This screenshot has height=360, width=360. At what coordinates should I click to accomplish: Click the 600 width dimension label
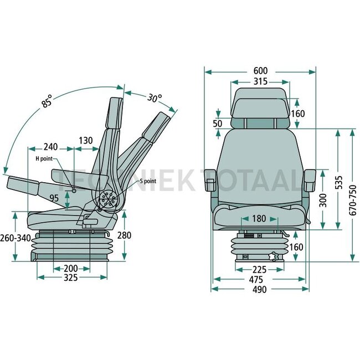[x=260, y=71]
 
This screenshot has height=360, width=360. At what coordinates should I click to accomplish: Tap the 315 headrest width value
[x=260, y=81]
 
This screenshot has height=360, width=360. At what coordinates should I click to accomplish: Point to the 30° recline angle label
[x=155, y=98]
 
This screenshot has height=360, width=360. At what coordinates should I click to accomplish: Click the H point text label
[x=44, y=158]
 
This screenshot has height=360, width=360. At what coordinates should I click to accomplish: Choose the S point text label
[x=148, y=181]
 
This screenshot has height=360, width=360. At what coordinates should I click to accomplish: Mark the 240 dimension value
[x=51, y=147]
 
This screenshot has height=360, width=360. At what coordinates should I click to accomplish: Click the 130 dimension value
[x=86, y=141]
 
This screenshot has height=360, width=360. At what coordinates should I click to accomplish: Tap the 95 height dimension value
[x=54, y=198]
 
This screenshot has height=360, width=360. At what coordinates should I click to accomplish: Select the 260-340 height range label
[x=16, y=238]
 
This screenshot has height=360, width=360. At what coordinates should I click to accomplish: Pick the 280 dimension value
[x=124, y=235]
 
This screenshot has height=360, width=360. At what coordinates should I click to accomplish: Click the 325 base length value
[x=71, y=278]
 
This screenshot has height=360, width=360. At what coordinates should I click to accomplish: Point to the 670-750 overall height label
[x=353, y=200]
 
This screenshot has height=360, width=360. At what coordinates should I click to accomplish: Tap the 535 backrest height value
[x=339, y=183]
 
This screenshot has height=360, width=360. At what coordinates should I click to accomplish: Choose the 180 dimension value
[x=259, y=219]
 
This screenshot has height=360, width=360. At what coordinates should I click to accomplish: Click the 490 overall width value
[x=260, y=290]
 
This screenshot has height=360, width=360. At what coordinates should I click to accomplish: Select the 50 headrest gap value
[x=218, y=124]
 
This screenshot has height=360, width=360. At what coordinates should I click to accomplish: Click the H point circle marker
[x=74, y=191]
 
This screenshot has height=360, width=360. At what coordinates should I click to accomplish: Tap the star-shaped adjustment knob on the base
[x=274, y=256]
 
